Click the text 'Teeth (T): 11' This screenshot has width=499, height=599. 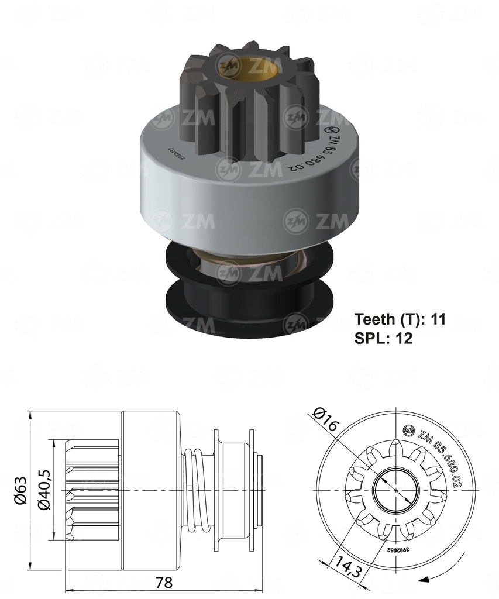pyautogui.click(x=400, y=319)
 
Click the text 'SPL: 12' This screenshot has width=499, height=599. pyautogui.click(x=383, y=339)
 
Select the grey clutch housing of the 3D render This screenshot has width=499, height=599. pyautogui.click(x=246, y=193)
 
